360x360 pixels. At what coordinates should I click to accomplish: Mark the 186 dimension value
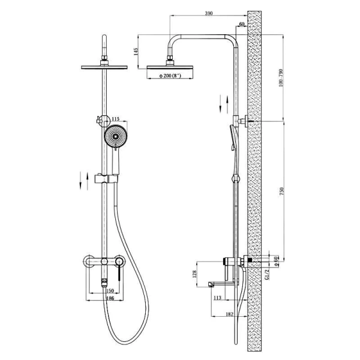coord(104,298)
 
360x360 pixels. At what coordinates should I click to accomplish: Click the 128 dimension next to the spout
coord(194,275)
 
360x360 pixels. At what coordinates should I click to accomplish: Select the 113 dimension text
coord(217,297)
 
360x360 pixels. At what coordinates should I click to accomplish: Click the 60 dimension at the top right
coord(241,25)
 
